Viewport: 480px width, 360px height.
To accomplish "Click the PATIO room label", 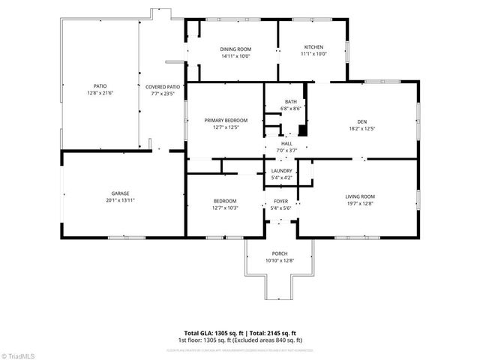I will click(x=99, y=87).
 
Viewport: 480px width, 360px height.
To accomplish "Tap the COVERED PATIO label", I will click(x=163, y=87).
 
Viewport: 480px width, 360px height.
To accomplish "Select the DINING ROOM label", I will click(x=235, y=49).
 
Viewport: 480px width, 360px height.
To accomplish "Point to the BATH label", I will click(x=290, y=102).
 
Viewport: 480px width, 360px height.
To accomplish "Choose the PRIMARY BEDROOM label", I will click(x=226, y=120).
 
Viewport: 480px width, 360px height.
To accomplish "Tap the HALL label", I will click(x=286, y=143).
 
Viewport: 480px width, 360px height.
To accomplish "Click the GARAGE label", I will click(x=121, y=193).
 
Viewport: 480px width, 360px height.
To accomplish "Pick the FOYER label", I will click(x=280, y=201).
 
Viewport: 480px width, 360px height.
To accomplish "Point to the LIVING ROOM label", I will click(x=359, y=196).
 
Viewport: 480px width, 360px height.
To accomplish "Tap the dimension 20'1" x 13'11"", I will click(x=121, y=200).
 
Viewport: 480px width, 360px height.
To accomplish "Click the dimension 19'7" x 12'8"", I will click(x=359, y=203).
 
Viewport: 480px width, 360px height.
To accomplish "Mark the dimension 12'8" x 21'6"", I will click(x=99, y=94).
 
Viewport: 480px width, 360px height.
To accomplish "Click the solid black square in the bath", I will click(x=302, y=130).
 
